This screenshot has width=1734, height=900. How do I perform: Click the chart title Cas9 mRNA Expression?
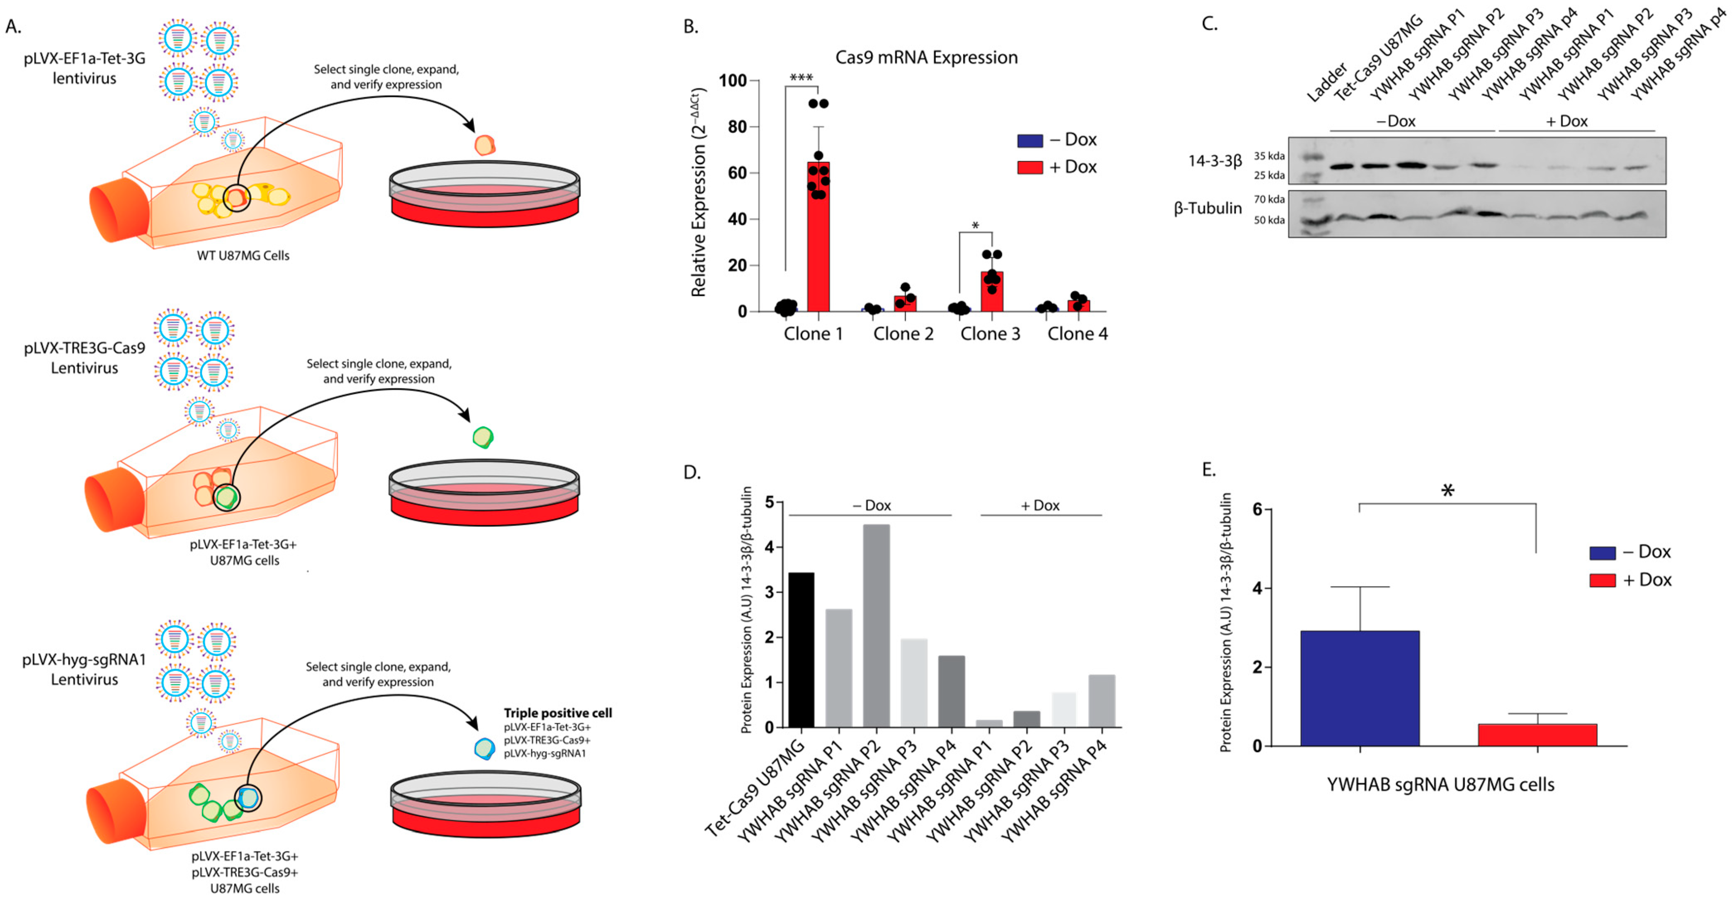coord(926,57)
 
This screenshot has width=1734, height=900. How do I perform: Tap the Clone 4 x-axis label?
coord(1077,334)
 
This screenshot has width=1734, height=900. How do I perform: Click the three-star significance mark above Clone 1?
coord(801,78)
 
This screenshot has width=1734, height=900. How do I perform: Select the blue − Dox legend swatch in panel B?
coord(1030,140)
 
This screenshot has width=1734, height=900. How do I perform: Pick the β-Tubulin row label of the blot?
coord(1207,209)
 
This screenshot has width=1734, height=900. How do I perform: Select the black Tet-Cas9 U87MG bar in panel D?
coord(801,650)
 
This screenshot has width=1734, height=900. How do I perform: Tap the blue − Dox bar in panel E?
coord(1360,688)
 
